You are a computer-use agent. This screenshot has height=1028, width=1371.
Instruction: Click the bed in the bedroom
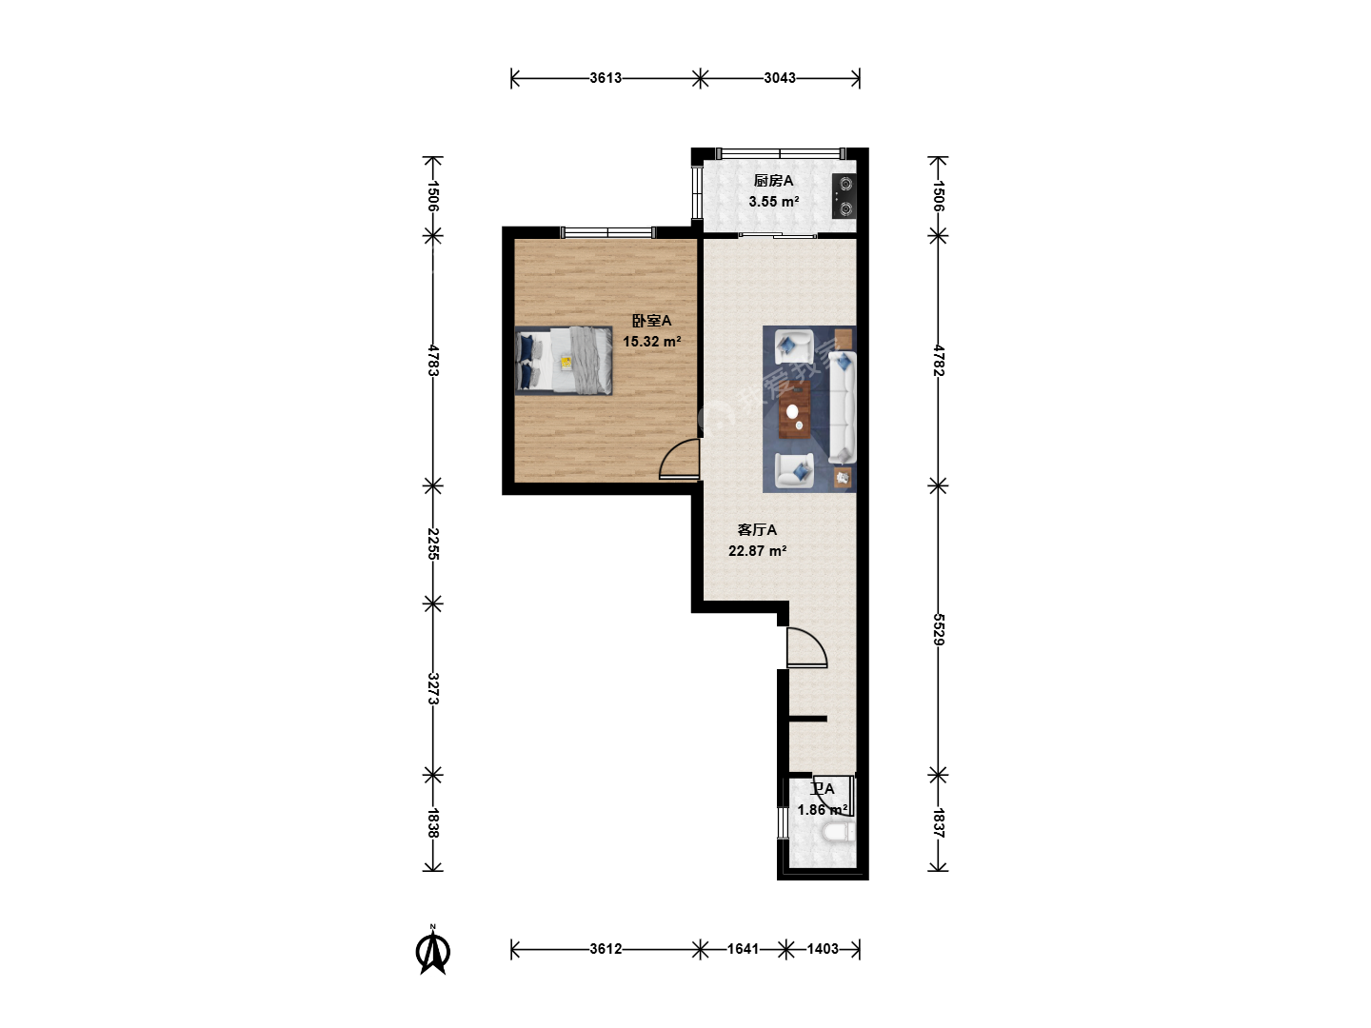564,361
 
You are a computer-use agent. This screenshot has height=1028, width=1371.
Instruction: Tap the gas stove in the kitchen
844,196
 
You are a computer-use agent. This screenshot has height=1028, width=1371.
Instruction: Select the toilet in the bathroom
837,833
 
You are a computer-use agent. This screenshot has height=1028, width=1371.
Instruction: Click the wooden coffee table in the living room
794,410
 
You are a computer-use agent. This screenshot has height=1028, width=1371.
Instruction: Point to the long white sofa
843,407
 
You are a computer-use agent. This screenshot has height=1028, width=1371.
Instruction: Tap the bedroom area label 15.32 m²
651,342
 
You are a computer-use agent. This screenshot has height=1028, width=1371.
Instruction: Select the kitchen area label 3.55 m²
774,202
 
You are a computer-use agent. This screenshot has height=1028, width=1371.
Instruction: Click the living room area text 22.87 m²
757,551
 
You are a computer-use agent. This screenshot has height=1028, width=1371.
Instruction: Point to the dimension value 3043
780,78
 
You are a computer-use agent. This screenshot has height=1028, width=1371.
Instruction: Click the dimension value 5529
938,629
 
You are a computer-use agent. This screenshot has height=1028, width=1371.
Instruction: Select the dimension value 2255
433,544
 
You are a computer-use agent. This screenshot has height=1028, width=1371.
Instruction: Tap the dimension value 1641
743,949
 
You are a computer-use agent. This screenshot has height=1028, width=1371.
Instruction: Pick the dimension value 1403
823,949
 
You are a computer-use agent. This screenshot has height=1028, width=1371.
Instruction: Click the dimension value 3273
433,688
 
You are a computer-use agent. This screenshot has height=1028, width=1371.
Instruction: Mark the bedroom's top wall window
607,233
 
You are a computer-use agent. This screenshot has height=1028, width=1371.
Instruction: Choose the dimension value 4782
938,360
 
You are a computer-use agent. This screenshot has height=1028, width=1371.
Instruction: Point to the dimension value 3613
606,78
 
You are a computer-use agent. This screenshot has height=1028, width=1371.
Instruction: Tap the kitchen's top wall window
781,153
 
